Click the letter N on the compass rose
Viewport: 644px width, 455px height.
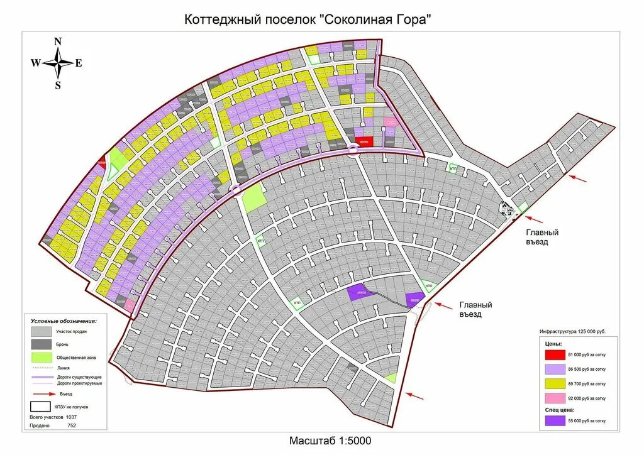[58, 41]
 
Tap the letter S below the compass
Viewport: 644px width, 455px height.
[58, 85]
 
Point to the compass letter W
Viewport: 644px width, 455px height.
[35, 63]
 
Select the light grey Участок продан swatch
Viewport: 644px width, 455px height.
[42, 331]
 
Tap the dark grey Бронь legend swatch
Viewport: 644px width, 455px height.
[42, 344]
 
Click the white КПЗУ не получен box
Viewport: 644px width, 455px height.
[42, 406]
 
